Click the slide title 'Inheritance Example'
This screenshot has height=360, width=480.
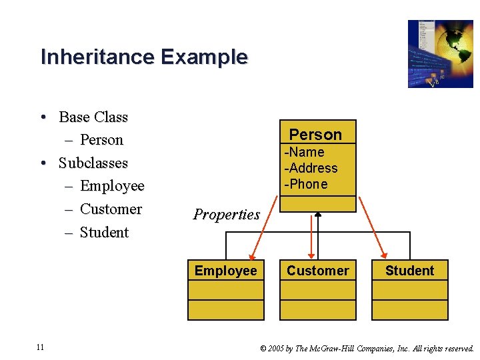tap(144, 57)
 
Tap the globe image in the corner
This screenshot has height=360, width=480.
tap(440, 54)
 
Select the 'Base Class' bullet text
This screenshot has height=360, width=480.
tap(93, 117)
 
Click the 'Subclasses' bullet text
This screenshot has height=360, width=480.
tap(93, 163)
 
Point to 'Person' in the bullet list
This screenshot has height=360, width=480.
tap(101, 140)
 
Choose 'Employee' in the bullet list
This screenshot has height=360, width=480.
tap(112, 186)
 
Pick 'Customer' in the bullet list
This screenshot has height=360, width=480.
tap(111, 209)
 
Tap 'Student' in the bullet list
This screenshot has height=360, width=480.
tap(104, 233)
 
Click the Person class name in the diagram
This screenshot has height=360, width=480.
tap(315, 135)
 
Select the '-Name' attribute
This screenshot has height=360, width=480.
tap(305, 152)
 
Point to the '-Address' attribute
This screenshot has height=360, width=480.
tap(311, 168)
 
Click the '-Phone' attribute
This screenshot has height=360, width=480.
tap(307, 184)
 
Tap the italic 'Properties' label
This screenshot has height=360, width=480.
tap(226, 215)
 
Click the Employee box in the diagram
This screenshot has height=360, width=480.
tap(225, 271)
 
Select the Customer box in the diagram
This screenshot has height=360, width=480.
tap(317, 271)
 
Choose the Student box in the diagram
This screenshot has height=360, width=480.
tap(409, 271)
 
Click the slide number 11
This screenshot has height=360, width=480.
tap(41, 347)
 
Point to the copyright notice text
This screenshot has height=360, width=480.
tap(367, 348)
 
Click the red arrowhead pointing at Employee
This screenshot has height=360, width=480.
tap(253, 255)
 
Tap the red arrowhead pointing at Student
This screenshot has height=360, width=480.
tap(383, 254)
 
